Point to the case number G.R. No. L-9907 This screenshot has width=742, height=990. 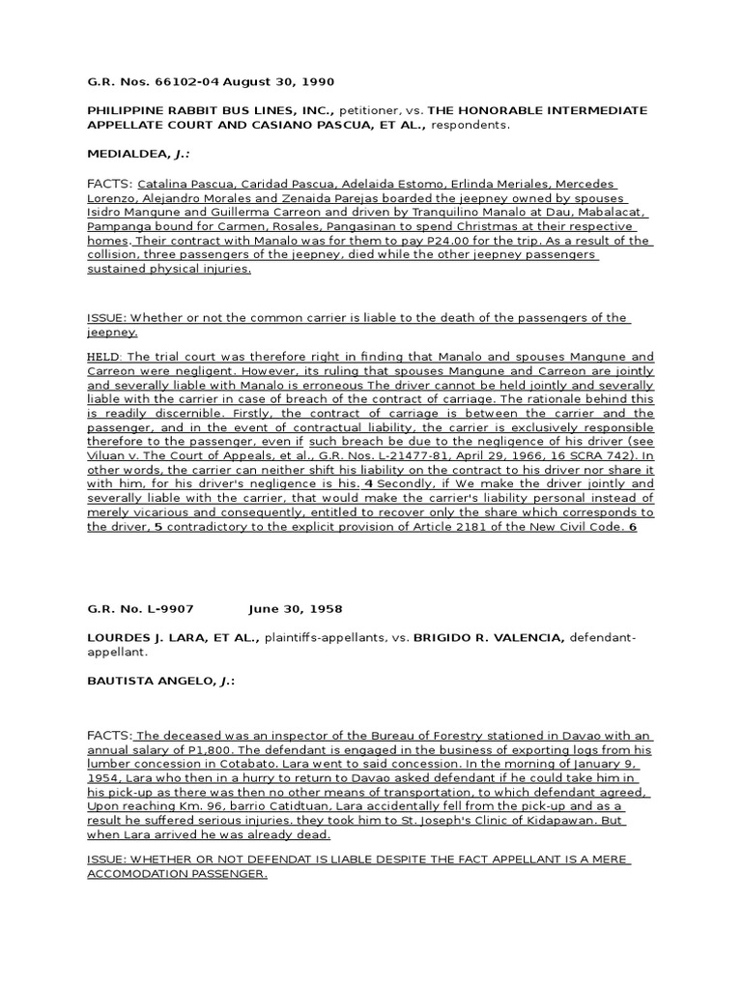point(141,609)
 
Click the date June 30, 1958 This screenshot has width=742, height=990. point(295,609)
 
